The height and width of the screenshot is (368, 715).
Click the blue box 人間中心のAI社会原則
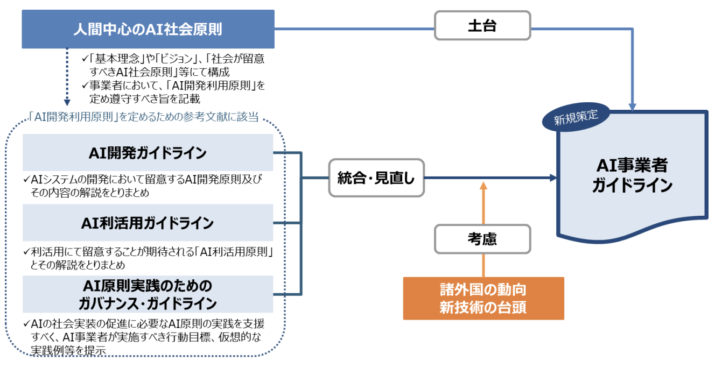[148, 29]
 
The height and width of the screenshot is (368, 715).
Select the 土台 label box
[482, 25]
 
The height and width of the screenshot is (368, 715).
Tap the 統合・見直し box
[376, 178]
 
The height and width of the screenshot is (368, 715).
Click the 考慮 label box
[482, 239]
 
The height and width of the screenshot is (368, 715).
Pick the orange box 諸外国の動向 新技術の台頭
[483, 299]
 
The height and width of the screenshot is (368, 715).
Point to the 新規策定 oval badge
[576, 117]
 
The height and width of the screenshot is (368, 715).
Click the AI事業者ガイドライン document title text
[632, 175]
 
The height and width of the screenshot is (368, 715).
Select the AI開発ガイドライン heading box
[148, 152]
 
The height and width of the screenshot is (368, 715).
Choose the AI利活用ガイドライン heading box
[148, 223]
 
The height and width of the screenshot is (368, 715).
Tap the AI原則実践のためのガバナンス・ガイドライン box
[148, 294]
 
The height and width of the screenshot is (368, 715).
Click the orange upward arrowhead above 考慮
[483, 186]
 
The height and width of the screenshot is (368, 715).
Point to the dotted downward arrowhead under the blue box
[67, 103]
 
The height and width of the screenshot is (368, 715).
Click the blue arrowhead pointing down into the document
[632, 107]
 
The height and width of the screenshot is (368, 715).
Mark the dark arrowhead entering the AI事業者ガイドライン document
[553, 178]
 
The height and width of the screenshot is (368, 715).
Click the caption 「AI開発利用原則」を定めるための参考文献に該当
[143, 117]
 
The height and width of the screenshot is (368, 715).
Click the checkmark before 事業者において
[85, 85]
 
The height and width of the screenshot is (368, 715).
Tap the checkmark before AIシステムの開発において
[27, 179]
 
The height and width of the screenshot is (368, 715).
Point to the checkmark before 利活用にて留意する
[27, 252]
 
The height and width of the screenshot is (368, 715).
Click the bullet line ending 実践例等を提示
[68, 350]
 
